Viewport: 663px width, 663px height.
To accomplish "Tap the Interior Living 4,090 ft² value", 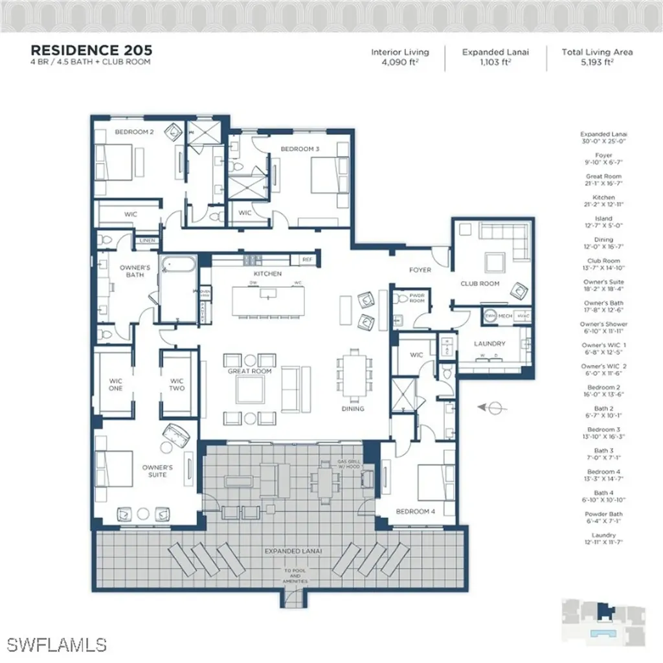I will [399, 62].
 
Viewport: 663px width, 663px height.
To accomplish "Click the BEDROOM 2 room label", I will [134, 132].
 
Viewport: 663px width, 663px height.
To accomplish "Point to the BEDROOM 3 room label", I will [300, 149].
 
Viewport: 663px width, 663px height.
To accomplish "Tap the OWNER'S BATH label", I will [136, 271].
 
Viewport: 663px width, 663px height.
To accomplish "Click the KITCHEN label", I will [267, 274].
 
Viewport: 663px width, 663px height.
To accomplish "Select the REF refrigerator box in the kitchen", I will [306, 259].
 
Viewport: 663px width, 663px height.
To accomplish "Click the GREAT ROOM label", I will [249, 372].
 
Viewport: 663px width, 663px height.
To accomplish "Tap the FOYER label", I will [420, 269].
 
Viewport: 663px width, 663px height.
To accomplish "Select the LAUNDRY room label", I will [489, 344].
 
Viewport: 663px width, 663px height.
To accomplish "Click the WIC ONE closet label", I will [116, 385].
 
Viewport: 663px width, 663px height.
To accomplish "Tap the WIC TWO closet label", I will [177, 385].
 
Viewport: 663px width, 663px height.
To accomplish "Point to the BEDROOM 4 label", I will [416, 511].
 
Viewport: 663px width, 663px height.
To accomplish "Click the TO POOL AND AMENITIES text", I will [295, 576].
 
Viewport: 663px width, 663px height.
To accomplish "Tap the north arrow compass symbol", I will [494, 407].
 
